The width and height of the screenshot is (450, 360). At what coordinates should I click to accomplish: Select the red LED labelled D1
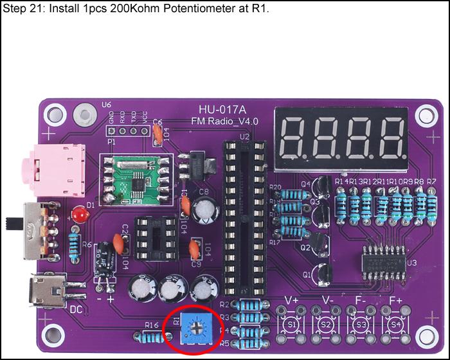[x=79, y=215]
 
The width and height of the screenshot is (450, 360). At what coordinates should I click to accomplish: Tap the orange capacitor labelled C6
[x=156, y=133]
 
